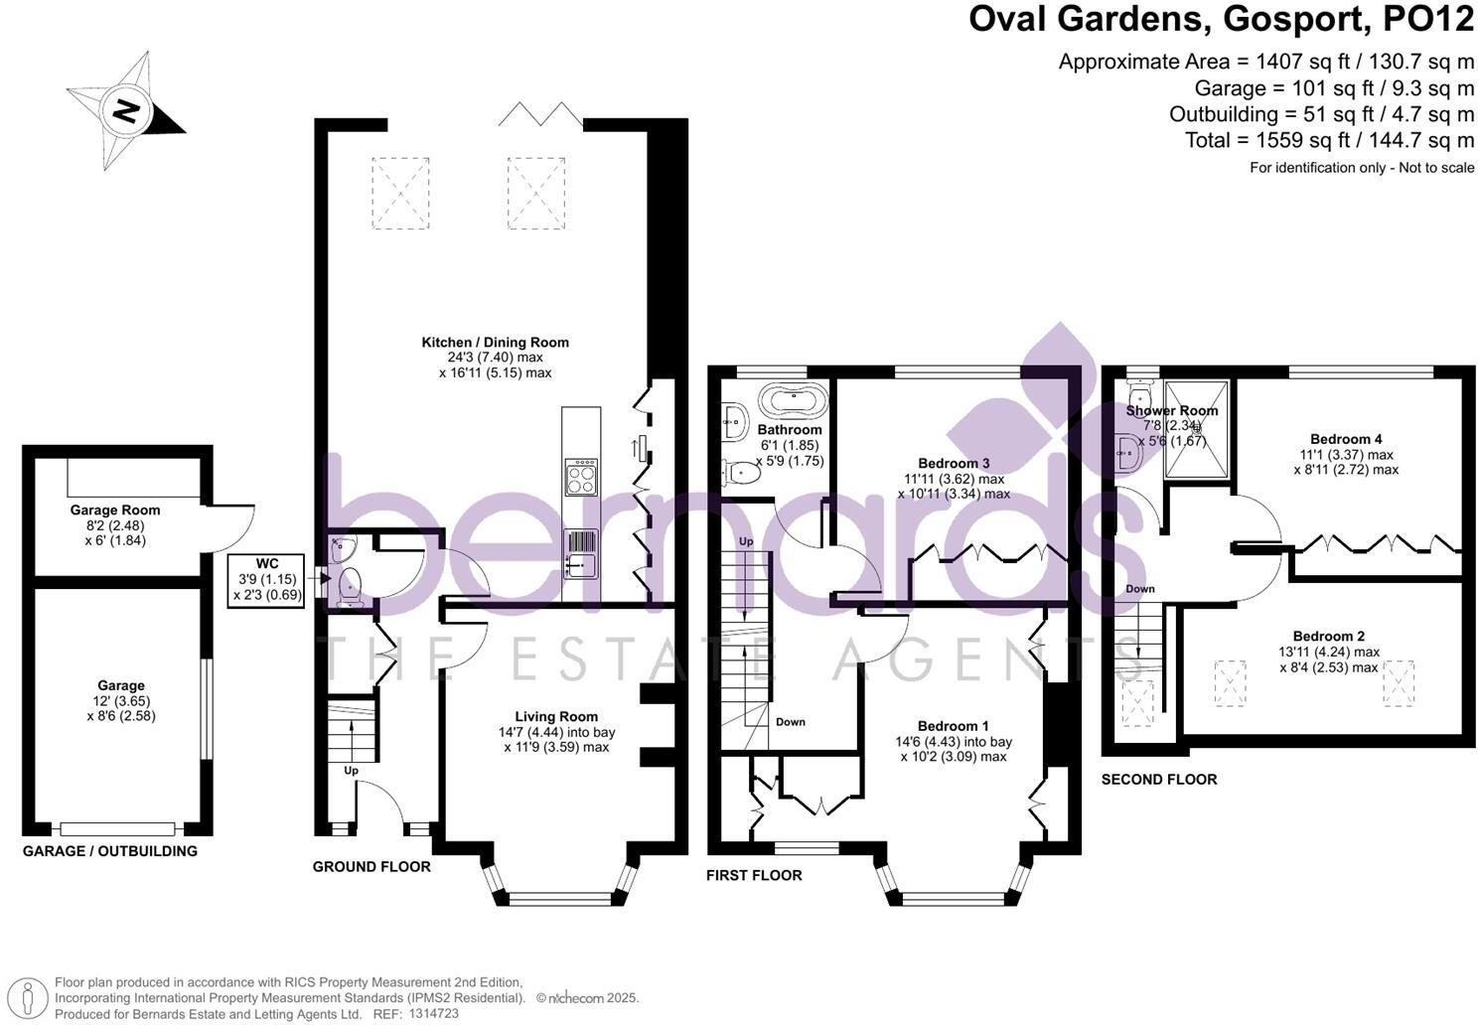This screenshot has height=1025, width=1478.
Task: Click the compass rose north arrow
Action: (126, 110)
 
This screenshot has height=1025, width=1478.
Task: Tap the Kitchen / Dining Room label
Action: (495, 343)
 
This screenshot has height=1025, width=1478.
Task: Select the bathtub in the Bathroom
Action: (791, 400)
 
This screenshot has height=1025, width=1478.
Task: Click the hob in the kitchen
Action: (580, 477)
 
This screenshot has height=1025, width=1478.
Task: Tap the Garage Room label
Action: (114, 511)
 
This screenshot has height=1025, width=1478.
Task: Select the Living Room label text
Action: (556, 716)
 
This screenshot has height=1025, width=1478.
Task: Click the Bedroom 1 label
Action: (953, 726)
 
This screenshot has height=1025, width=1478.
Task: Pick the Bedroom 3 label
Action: (954, 463)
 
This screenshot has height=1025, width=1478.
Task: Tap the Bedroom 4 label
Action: (1345, 439)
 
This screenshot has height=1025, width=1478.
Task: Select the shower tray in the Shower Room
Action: (1197, 429)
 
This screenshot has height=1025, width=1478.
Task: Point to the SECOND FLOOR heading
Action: (1158, 780)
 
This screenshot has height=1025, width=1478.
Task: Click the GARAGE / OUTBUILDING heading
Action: (109, 851)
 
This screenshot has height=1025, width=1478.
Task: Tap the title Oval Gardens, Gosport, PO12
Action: (1221, 20)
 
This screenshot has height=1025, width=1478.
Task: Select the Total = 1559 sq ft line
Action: (1329, 140)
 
